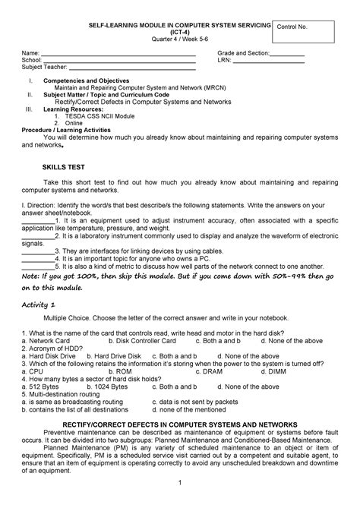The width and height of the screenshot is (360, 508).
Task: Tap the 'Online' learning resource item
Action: point(74,122)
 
